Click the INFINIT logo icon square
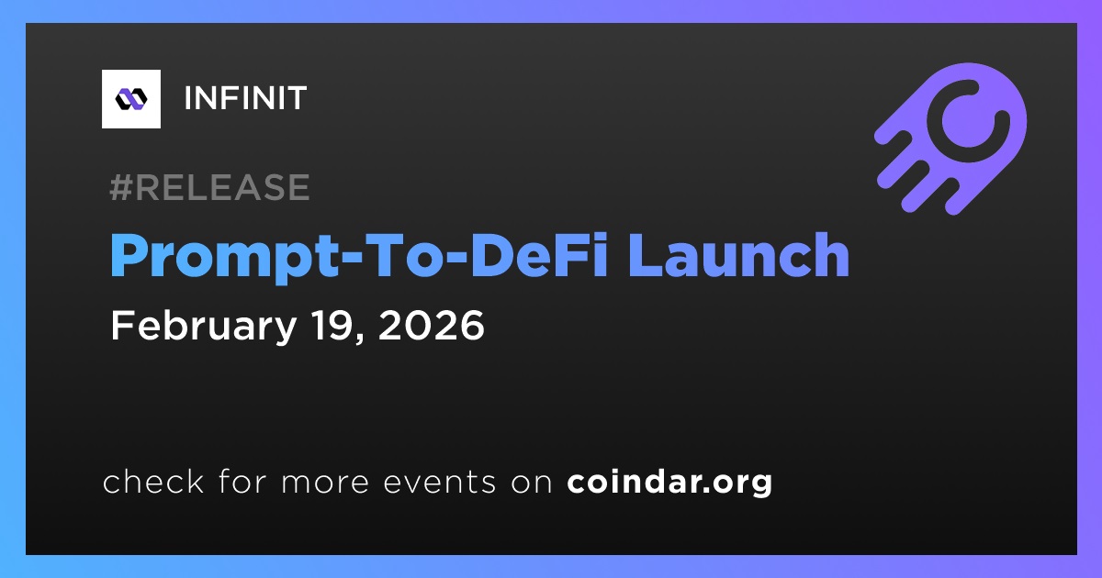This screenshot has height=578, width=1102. (130, 99)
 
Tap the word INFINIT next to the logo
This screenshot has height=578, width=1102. (245, 98)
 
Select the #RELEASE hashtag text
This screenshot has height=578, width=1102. (209, 187)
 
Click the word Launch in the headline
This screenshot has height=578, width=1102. (738, 255)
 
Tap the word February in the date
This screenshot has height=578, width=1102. (204, 327)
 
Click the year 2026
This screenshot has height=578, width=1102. (431, 325)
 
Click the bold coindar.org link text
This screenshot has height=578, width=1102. (669, 483)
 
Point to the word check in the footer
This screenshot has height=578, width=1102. (153, 481)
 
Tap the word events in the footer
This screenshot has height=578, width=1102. (439, 483)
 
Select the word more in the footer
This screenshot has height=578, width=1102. (325, 484)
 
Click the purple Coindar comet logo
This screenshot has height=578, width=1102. (950, 139)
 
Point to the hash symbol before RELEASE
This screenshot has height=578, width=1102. (121, 187)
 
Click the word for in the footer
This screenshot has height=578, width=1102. (242, 481)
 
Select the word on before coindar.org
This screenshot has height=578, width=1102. (532, 484)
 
